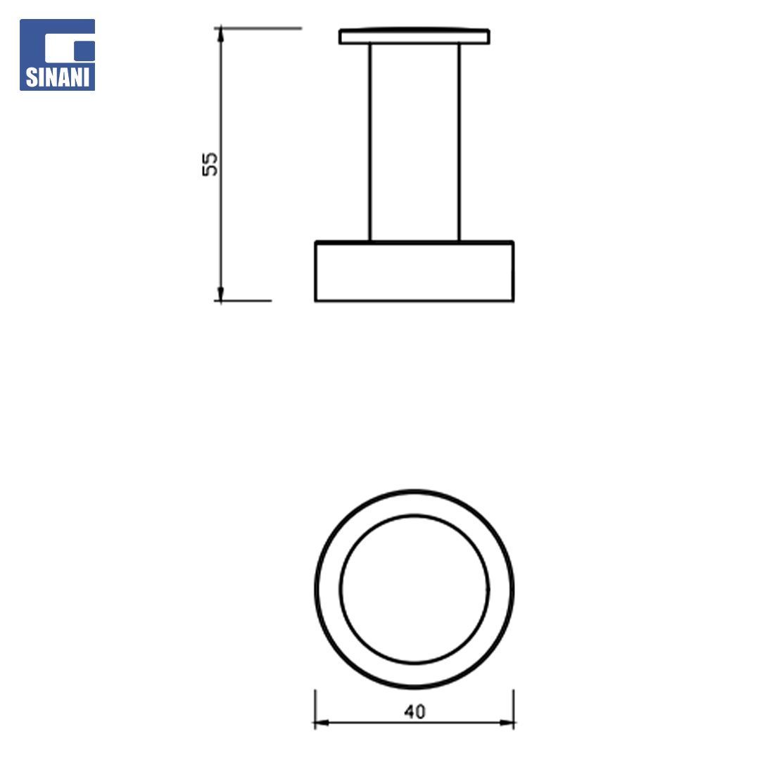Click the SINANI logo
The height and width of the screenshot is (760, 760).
pos(57,55)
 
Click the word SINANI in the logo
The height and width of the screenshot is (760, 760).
pos(57,77)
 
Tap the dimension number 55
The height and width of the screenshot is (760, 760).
pos(210,164)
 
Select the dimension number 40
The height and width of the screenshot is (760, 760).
pos(414,711)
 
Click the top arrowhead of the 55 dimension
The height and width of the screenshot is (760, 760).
pos(220,34)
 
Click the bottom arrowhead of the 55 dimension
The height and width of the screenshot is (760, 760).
pos(220,293)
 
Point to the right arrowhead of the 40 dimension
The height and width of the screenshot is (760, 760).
pos(507,723)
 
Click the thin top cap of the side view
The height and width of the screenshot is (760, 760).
pos(414,37)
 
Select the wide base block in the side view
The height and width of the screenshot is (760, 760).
pos(414,271)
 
